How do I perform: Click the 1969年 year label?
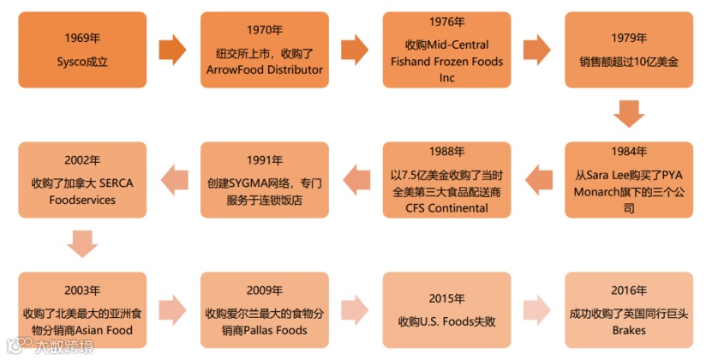click(82, 38)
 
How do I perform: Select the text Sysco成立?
click(82, 62)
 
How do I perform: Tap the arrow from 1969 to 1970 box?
click(172, 50)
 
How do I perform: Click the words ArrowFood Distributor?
click(265, 69)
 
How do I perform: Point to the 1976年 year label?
click(446, 22)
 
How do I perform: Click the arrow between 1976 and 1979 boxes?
click(535, 50)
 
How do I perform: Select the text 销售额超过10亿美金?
click(629, 62)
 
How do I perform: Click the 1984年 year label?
click(629, 152)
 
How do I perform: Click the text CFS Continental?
click(446, 207)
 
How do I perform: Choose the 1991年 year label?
click(264, 160)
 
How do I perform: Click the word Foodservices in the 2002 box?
click(82, 200)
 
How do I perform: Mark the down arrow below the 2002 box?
click(82, 243)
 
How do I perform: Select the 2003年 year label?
click(82, 290)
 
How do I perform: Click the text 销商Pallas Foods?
click(264, 330)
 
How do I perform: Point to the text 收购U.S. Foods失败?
click(446, 322)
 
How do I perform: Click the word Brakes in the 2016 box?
click(629, 330)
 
